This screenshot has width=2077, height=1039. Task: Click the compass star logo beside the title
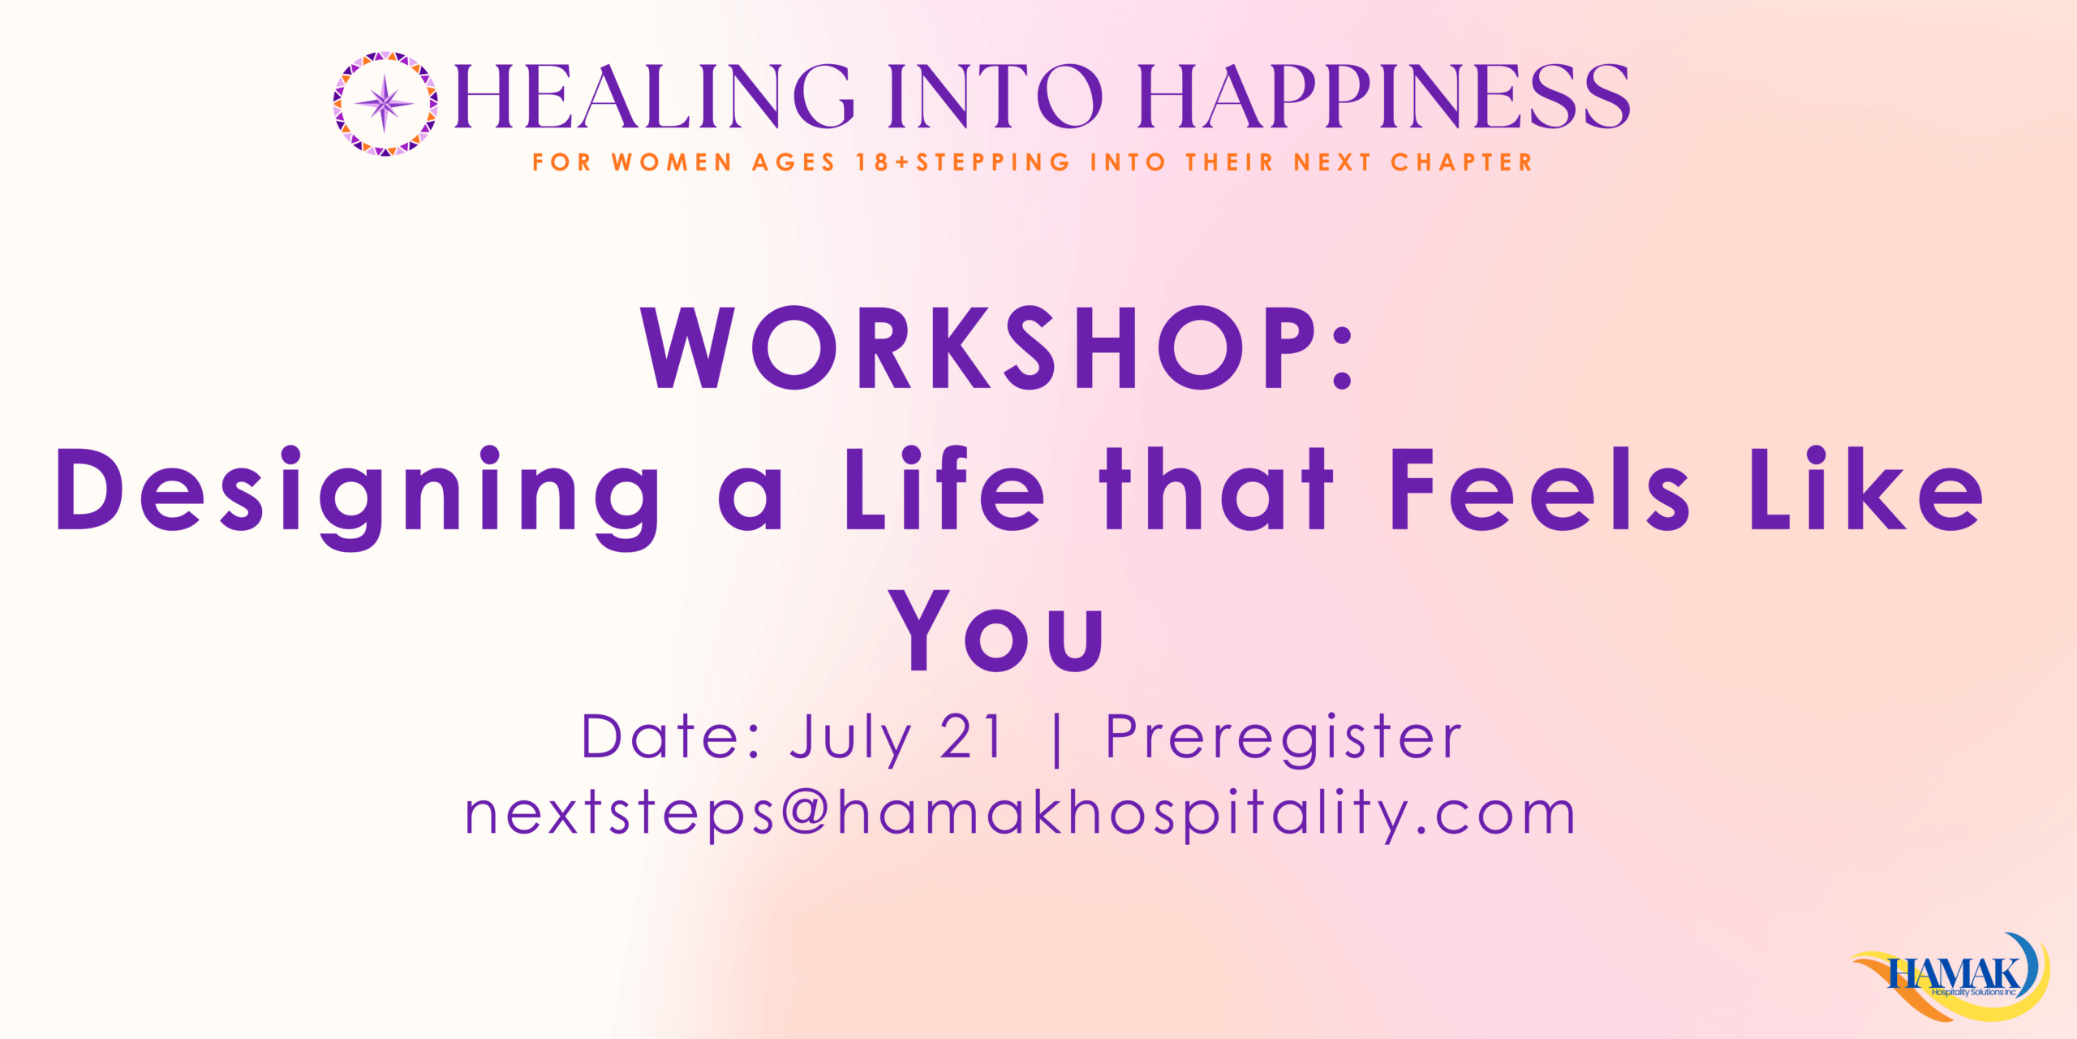coord(385,103)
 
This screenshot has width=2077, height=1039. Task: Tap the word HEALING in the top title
coord(654,97)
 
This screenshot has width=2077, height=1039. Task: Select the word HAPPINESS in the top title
coord(1384,97)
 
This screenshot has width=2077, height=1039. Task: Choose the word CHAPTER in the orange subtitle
coord(1461,162)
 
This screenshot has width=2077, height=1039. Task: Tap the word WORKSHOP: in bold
coord(997,347)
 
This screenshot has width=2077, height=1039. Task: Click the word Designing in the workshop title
coord(358,496)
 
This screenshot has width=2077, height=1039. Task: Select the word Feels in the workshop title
coord(1540,489)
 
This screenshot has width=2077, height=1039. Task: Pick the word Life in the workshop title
coord(944,489)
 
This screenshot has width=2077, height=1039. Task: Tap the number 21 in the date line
coord(971,736)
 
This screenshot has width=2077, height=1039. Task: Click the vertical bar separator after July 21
coord(1056,738)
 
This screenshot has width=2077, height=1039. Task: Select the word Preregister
coord(1284,739)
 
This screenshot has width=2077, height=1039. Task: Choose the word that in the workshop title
coord(1216,489)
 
